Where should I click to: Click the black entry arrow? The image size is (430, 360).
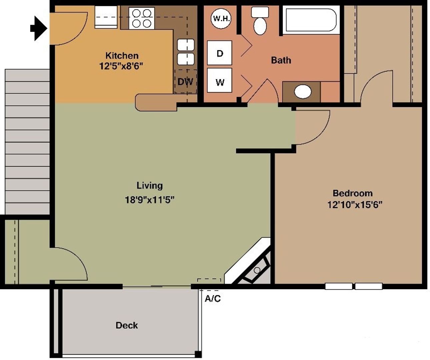(x=39, y=28)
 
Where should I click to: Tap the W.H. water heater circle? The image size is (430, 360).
(x=221, y=18)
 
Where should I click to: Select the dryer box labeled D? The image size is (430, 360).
(x=219, y=53)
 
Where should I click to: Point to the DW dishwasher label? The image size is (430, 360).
(x=185, y=82)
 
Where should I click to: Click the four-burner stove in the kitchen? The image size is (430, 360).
(x=142, y=18)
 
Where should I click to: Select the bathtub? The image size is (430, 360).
(x=311, y=20)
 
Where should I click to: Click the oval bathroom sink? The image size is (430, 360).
(x=303, y=92)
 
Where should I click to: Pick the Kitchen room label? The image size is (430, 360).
(x=122, y=55)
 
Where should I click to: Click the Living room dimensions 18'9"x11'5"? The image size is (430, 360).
(x=150, y=200)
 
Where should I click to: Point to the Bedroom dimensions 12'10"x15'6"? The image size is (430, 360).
(x=354, y=205)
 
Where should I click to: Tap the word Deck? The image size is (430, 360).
(x=127, y=325)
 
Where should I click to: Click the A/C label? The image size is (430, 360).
(x=213, y=299)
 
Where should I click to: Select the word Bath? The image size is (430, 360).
(x=281, y=60)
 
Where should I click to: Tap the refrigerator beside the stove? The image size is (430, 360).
(x=106, y=17)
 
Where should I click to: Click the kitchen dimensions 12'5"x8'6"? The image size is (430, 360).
(x=121, y=66)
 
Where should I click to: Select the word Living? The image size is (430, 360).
(x=150, y=185)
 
